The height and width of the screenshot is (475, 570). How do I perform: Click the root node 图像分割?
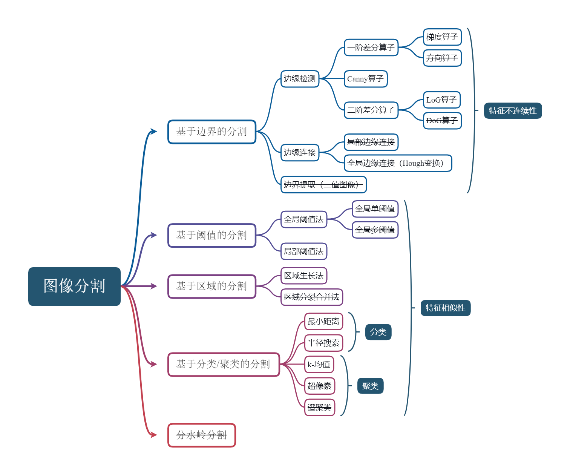tap(74, 286)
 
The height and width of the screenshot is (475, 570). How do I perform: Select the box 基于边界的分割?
tap(212, 132)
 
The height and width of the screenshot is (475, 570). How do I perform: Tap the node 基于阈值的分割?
tap(212, 235)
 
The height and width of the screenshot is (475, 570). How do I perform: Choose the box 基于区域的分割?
tap(212, 287)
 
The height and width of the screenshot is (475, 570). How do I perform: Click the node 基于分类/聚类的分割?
tap(224, 364)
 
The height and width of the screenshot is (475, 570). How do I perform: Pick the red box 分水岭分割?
tap(202, 435)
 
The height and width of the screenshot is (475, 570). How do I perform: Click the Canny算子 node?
tap(365, 79)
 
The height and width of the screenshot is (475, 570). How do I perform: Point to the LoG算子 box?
tap(442, 100)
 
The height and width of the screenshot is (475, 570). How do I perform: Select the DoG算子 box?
tap(442, 121)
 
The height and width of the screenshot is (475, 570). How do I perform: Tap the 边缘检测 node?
tap(300, 79)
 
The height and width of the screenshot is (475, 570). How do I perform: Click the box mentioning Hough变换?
tap(397, 163)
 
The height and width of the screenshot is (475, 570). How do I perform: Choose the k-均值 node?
tap(319, 364)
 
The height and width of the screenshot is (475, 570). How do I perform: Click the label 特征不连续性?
tap(513, 111)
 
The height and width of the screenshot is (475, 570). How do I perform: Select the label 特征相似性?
tap(445, 308)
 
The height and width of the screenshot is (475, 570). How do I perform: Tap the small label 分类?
tap(378, 332)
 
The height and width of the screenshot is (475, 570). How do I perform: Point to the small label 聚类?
tap(370, 386)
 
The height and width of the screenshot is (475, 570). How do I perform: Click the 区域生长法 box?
tap(303, 276)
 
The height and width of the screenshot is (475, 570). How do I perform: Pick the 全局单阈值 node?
tap(375, 209)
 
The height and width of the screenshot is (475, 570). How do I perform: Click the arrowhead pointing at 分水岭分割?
tap(154, 435)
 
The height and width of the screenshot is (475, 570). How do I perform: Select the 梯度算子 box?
tap(442, 37)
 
